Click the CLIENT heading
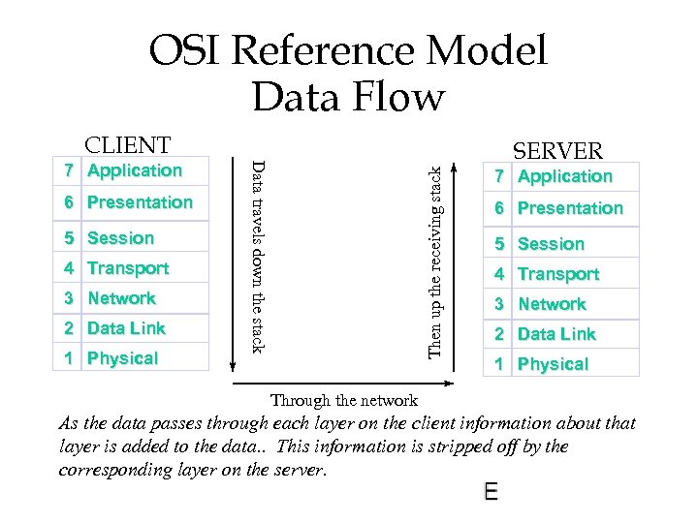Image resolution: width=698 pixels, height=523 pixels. (x=127, y=145)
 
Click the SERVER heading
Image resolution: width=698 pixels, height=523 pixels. (x=557, y=151)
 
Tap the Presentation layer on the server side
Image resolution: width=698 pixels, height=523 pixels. (x=570, y=208)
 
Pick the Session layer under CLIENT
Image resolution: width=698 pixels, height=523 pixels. (x=120, y=238)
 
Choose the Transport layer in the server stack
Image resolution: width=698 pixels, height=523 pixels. (x=558, y=274)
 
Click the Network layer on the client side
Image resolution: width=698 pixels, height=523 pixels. (x=121, y=298)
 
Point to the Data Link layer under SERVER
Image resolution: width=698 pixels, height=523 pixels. (x=556, y=334)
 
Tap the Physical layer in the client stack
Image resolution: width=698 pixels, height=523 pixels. (x=122, y=358)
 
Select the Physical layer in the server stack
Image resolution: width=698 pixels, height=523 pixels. (x=553, y=364)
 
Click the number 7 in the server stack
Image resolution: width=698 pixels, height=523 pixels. (x=497, y=177)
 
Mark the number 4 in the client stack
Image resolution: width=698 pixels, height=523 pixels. (x=68, y=268)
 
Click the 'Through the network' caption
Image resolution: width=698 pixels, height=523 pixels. (x=343, y=400)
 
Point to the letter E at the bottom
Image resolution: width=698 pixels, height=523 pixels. (x=491, y=493)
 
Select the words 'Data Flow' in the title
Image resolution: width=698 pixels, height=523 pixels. (x=347, y=97)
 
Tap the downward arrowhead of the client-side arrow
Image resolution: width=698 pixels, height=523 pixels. (x=233, y=365)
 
